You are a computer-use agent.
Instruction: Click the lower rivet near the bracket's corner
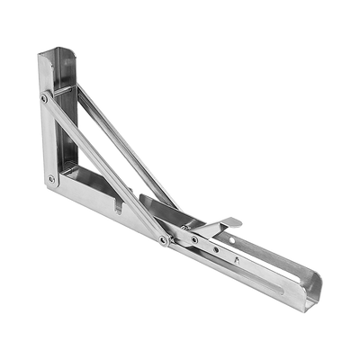click(x=50, y=179)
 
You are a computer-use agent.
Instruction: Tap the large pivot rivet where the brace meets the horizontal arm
click(x=163, y=239)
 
